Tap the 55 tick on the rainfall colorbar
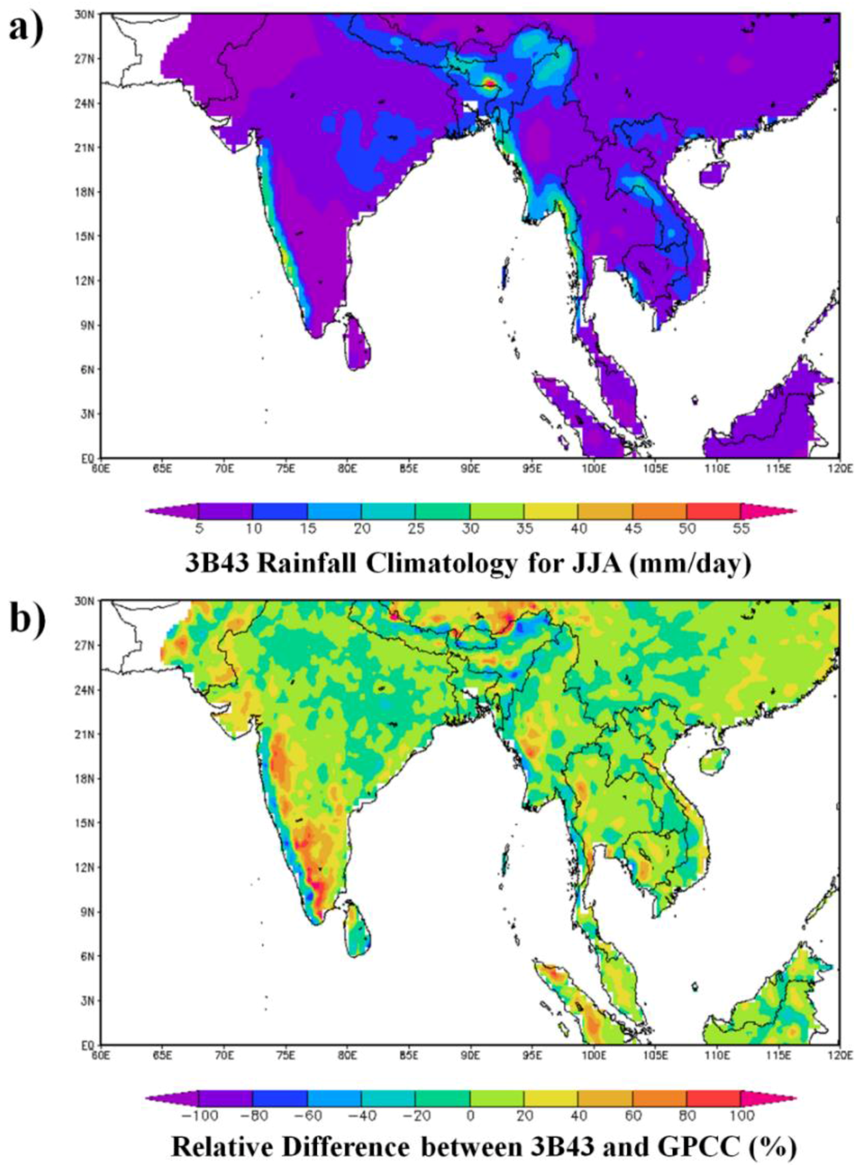point(741,528)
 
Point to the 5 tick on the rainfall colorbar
point(199,528)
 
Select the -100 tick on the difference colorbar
point(199,1115)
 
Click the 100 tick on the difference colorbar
point(741,1115)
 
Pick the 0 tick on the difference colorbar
point(470,1115)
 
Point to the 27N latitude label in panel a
point(86,59)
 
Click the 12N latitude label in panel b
point(86,867)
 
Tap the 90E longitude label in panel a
point(470,468)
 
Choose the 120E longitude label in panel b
point(840,1054)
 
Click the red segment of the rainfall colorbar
point(713,511)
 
